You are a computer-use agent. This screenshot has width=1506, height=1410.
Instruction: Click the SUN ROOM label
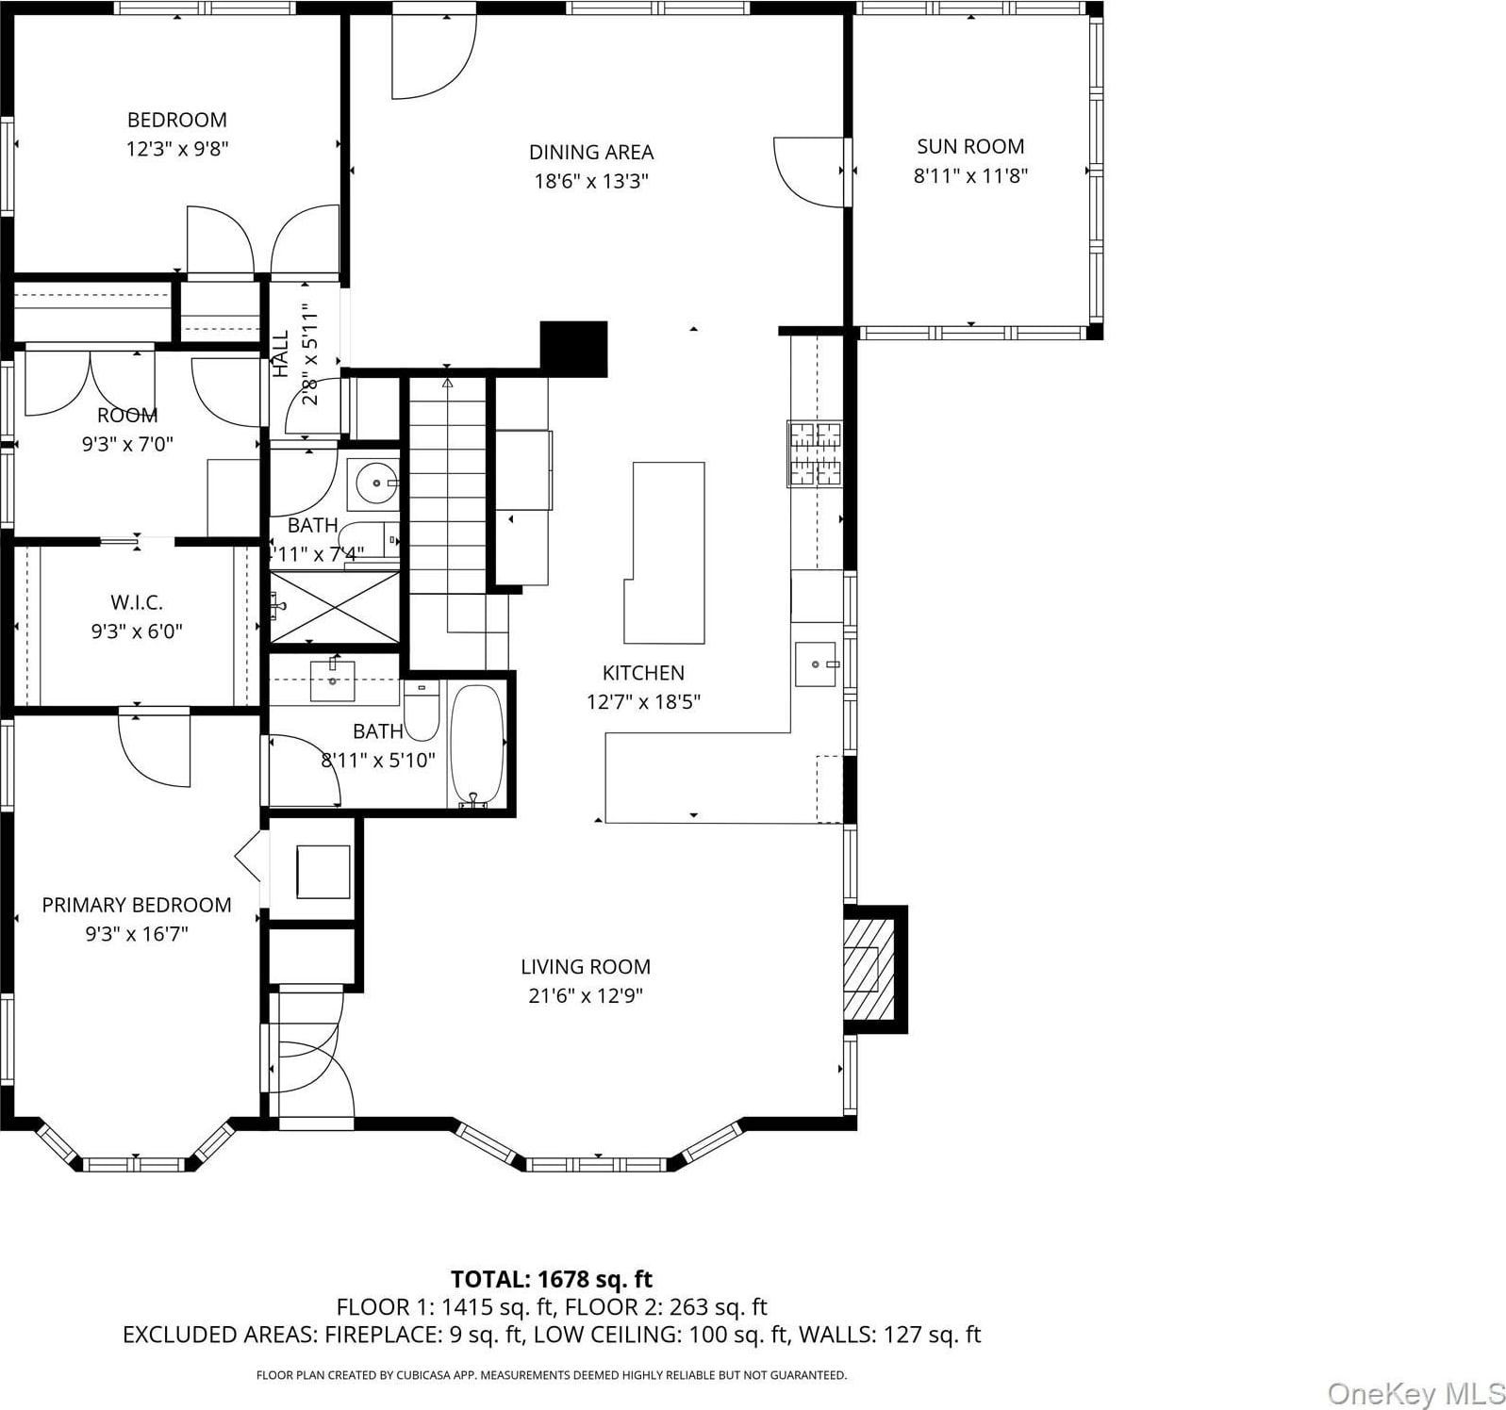point(970,147)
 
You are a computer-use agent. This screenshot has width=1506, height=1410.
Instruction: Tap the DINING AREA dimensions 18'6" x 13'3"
point(591,181)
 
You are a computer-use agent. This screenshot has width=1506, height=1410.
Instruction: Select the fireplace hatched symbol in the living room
point(862,969)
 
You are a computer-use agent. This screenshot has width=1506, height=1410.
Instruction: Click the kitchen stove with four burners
point(815,454)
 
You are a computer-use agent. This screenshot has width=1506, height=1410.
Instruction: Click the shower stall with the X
point(336,607)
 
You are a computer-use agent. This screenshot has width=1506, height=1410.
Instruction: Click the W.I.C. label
point(137,602)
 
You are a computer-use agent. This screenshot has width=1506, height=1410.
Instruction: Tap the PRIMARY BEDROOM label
point(137,905)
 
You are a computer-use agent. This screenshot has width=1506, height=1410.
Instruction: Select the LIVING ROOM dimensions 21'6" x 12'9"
point(586,995)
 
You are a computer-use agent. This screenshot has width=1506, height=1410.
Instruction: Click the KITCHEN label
point(643,673)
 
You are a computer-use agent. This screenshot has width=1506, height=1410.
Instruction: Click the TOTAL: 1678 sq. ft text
point(552,1279)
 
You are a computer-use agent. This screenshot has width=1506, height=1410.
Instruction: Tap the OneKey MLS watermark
point(1416,1391)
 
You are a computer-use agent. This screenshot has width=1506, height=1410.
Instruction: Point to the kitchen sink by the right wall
point(816,664)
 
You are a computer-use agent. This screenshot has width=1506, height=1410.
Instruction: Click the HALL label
point(281,353)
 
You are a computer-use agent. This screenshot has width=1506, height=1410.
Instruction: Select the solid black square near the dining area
point(573,349)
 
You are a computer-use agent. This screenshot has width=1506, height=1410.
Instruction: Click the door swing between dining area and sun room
point(809,172)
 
